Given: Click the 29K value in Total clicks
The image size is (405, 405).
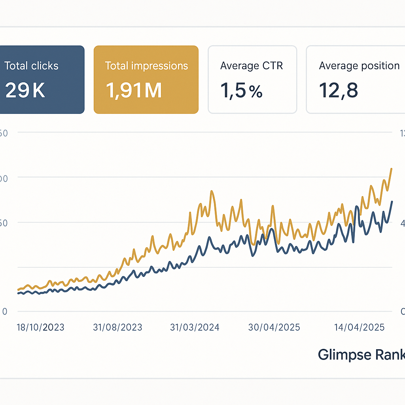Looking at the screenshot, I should point(25,91).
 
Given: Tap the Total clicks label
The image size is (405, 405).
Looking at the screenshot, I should point(31,66).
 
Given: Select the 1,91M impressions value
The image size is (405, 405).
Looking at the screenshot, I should point(134,91).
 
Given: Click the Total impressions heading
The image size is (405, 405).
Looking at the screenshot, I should point(146,66).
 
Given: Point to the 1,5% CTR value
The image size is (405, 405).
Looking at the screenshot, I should point(241,91).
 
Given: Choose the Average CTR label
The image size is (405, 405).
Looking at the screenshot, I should point(252,66).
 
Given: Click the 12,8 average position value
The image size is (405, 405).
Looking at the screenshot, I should point(339,91).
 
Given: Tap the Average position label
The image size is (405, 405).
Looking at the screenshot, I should point(359,66).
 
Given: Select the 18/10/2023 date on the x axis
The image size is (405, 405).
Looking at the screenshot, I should point(40,327).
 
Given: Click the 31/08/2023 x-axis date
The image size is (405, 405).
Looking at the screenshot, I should point(117,327).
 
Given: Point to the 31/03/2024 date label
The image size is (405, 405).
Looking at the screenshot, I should point(195,327).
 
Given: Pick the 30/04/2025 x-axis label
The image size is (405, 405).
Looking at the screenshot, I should point(274,327).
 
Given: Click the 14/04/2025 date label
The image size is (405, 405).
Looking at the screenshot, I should point(359,327).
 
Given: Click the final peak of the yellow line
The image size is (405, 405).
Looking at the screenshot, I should point(391,169).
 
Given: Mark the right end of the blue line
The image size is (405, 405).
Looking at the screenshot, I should point(392,202).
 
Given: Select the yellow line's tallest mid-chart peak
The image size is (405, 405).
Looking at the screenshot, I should point(212,191).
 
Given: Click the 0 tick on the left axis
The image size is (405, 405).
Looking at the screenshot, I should point(5,312).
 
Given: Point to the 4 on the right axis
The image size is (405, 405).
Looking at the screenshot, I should point(403,223).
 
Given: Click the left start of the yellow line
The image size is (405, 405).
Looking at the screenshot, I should point(18,290).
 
